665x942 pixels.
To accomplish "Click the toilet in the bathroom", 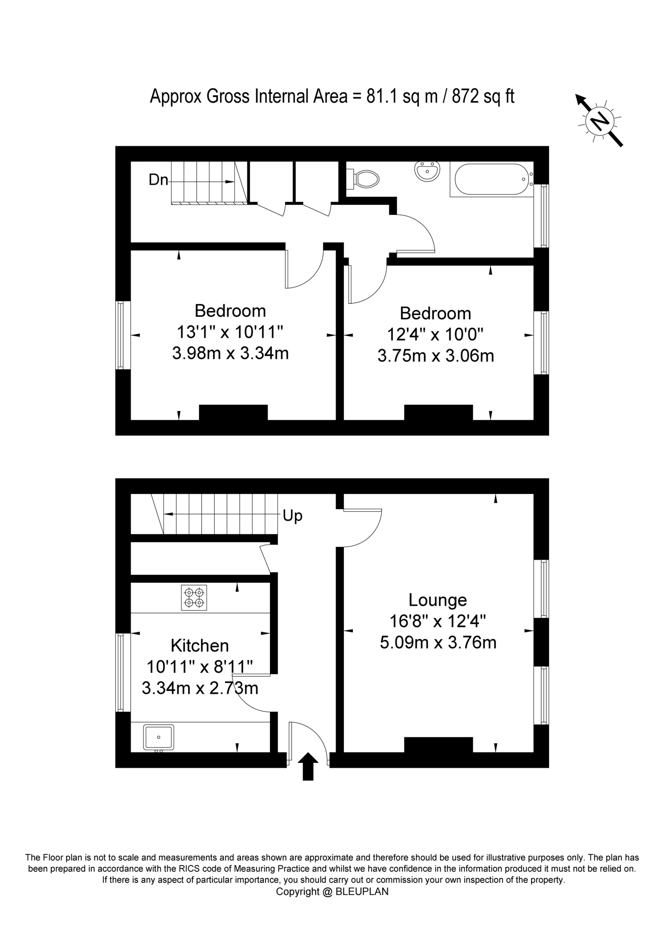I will [x=365, y=178].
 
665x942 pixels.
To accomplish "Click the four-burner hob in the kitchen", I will [x=194, y=598].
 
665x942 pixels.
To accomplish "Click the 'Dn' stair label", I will [x=158, y=180].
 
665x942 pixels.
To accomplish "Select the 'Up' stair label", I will [x=292, y=516].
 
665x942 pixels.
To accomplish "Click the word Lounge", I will [x=437, y=600].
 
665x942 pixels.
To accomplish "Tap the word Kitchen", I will [x=200, y=646].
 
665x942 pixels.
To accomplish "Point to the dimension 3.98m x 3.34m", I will [x=231, y=353].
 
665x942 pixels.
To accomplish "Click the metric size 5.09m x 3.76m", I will [x=438, y=643].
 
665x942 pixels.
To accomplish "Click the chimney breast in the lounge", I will [x=438, y=745].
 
